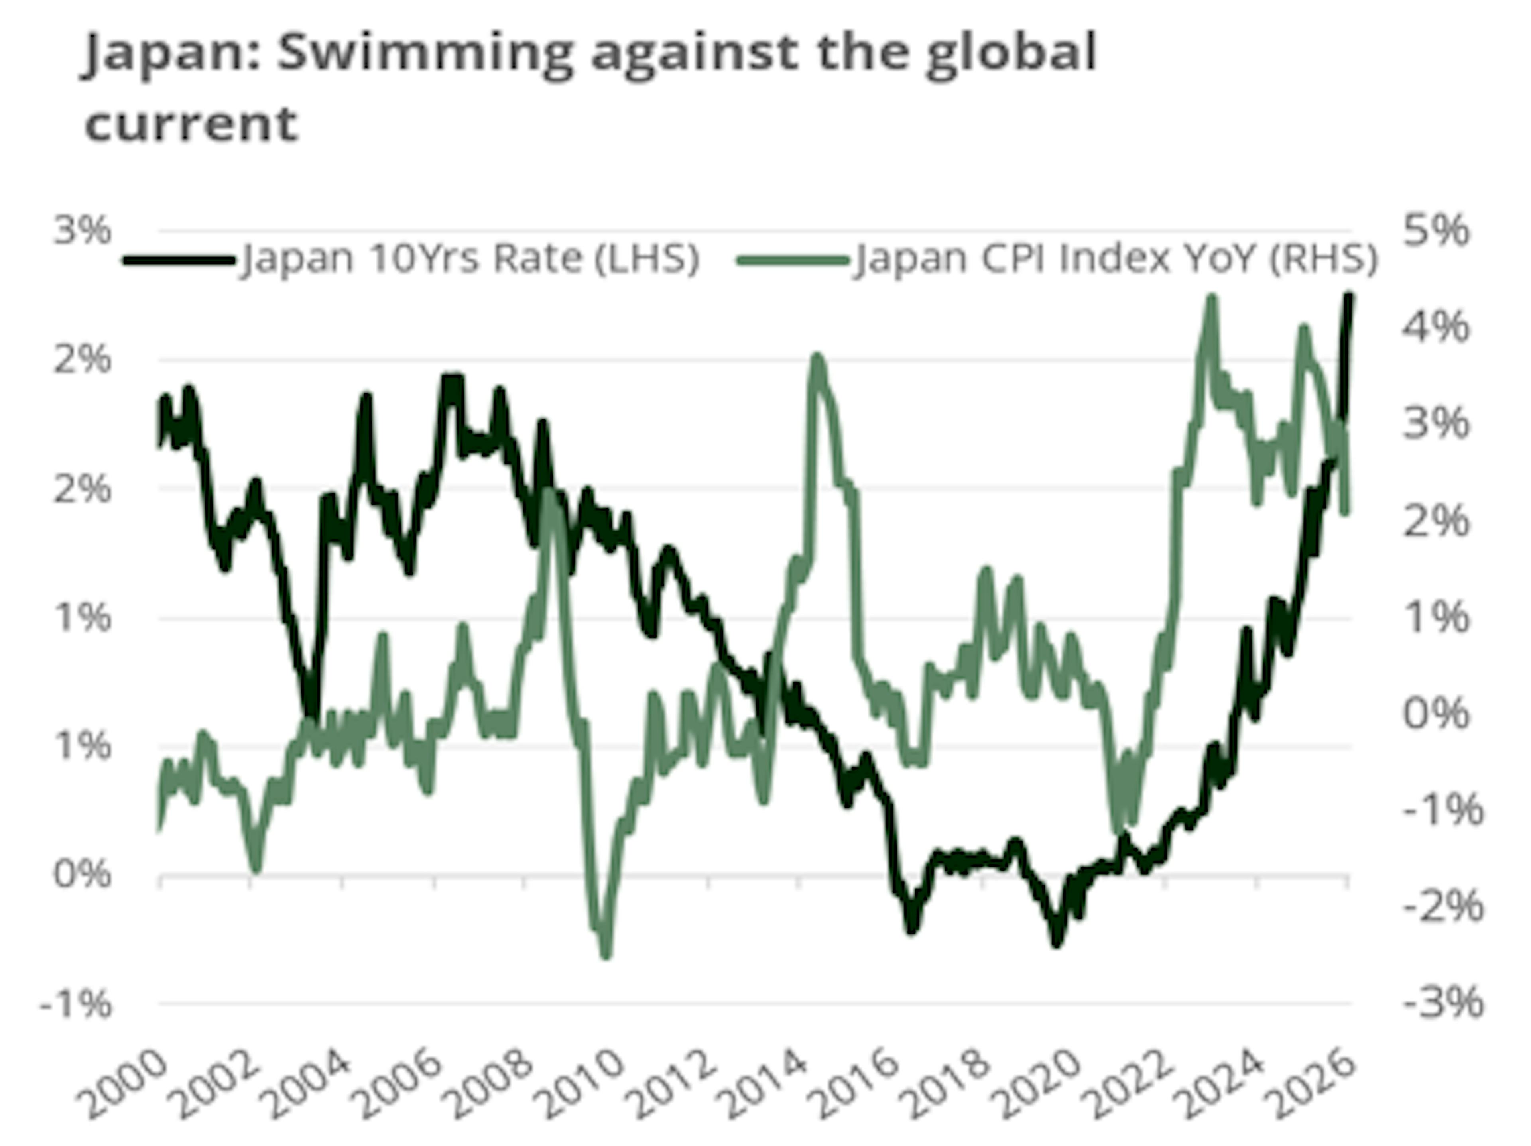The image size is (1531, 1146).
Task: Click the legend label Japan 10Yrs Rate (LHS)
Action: (469, 259)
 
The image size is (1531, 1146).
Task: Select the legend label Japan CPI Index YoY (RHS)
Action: (1116, 259)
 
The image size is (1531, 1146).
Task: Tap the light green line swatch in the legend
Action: (793, 260)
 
